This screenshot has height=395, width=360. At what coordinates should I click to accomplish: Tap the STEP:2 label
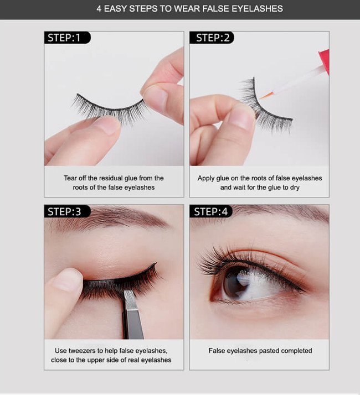point(212,38)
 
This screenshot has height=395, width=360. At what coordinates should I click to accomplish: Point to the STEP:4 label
point(211,211)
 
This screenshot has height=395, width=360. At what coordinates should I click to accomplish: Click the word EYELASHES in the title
point(258,9)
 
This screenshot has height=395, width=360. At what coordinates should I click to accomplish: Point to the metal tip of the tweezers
point(130,300)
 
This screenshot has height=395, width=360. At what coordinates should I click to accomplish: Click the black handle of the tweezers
point(133,324)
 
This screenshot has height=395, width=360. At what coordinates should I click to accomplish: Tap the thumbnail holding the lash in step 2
point(241,117)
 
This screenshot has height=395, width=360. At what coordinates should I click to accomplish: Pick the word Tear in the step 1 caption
point(70,178)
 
